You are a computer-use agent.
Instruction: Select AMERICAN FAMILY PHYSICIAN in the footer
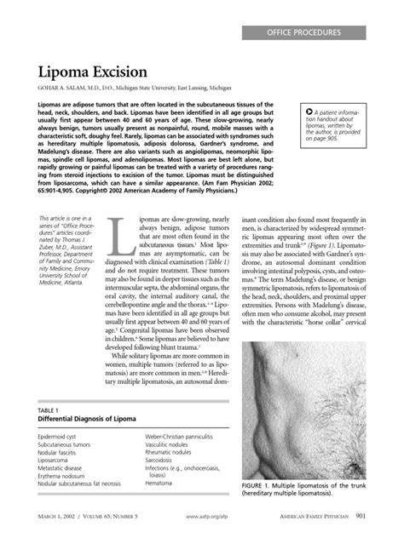(319, 516)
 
